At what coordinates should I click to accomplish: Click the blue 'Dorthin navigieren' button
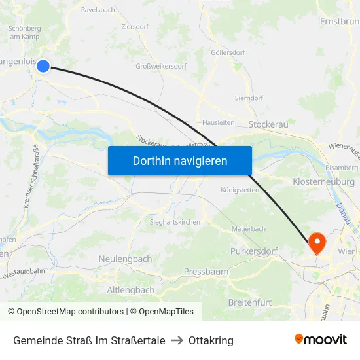pos(180,160)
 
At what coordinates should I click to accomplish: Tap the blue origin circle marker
pos(43,65)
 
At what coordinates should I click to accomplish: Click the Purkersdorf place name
pos(254,251)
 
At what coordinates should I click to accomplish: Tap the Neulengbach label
pos(125,259)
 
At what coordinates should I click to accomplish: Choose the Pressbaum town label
pos(206,271)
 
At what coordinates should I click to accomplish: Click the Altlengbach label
pos(131,289)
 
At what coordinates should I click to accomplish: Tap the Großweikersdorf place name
pos(161,66)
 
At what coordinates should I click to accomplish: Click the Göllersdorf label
pos(228,52)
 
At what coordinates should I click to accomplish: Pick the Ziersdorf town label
pos(135,27)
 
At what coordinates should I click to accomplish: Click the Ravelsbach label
pos(98,10)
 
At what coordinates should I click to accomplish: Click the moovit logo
pos(321,339)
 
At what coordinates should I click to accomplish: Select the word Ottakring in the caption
pos(211,340)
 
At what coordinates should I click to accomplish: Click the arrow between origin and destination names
pos(177,340)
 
